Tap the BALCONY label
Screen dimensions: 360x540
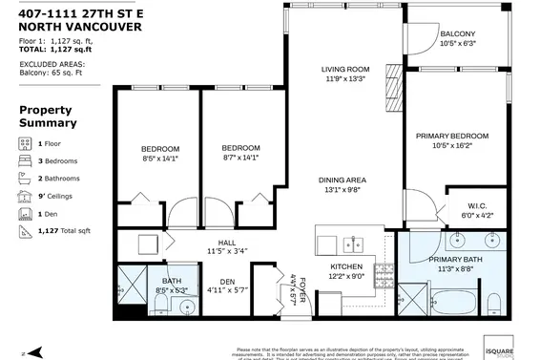(x=457, y=34)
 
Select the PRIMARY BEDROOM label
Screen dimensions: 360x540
(x=451, y=137)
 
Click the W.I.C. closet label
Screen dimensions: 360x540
(x=478, y=205)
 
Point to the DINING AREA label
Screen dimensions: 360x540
(x=343, y=180)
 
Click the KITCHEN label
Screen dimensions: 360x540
(x=347, y=266)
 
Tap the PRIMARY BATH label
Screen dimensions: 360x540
(x=453, y=259)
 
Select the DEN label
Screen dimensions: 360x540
(x=227, y=281)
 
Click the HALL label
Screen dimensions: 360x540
(x=226, y=242)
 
